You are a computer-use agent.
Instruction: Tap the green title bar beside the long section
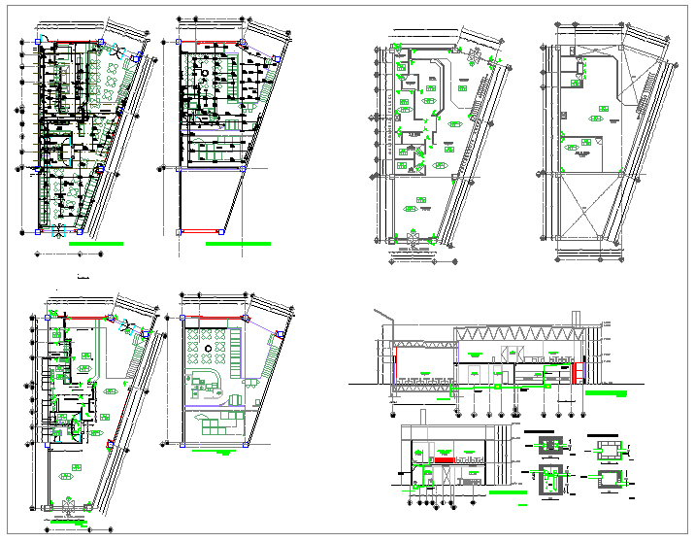click(x=609, y=393)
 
